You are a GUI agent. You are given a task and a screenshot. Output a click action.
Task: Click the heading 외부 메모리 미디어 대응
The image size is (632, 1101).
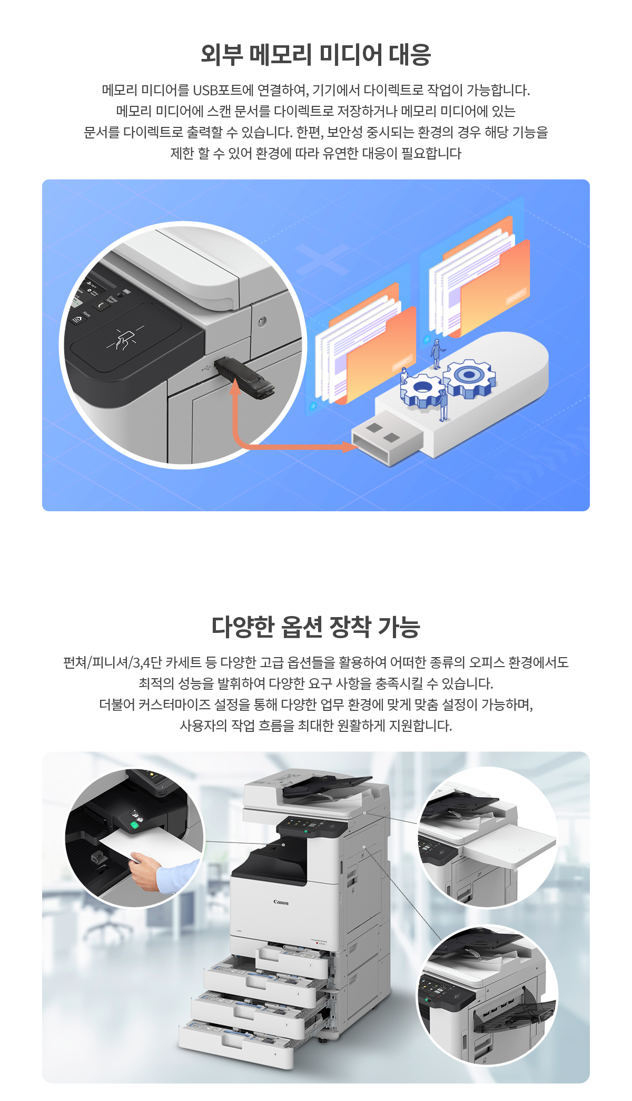coord(316,55)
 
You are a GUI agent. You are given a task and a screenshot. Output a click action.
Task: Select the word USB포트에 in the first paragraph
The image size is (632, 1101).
coord(223,90)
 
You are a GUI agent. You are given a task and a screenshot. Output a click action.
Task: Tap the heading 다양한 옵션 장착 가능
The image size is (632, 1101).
coord(316,627)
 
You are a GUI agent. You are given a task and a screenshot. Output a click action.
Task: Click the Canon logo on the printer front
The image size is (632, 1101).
coord(281,902)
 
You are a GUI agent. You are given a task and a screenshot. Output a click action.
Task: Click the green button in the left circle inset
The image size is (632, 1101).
coord(134,825)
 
